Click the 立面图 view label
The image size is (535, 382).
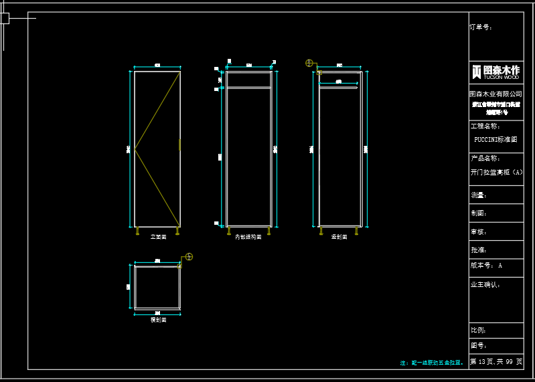point(158,237)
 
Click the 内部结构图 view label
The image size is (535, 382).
point(248,237)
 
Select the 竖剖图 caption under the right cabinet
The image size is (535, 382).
point(339,237)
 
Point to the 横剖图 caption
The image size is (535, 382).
point(158,320)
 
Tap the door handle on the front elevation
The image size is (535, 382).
point(179,145)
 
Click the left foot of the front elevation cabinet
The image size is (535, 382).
point(137,231)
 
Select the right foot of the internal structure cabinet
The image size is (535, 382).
point(269,231)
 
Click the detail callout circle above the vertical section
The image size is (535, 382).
point(309,63)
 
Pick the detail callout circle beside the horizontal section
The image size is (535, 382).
point(189,257)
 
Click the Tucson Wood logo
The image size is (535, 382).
point(495,72)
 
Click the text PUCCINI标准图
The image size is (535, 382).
point(495,140)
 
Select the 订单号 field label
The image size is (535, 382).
point(481,27)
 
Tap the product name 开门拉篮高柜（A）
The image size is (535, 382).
point(496,172)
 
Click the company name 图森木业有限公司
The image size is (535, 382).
point(495,94)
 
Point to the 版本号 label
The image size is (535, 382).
point(481,266)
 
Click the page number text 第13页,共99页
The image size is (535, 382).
point(496,361)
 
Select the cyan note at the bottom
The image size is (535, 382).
point(432,363)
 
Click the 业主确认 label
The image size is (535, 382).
point(485,284)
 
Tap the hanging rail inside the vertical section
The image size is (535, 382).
point(338,86)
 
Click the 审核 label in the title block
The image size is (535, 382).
point(478,231)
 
